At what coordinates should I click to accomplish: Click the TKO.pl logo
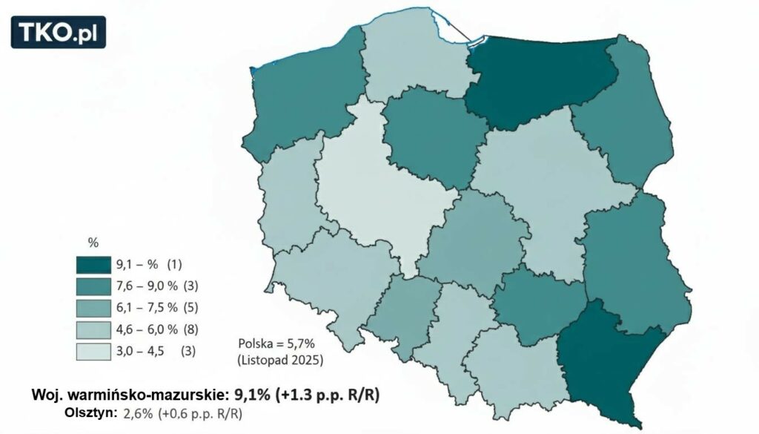pyautogui.click(x=59, y=32)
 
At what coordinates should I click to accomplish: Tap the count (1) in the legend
pyautogui.click(x=175, y=265)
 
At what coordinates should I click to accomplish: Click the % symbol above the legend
pyautogui.click(x=93, y=243)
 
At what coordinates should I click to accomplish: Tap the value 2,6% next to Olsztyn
pyautogui.click(x=135, y=413)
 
